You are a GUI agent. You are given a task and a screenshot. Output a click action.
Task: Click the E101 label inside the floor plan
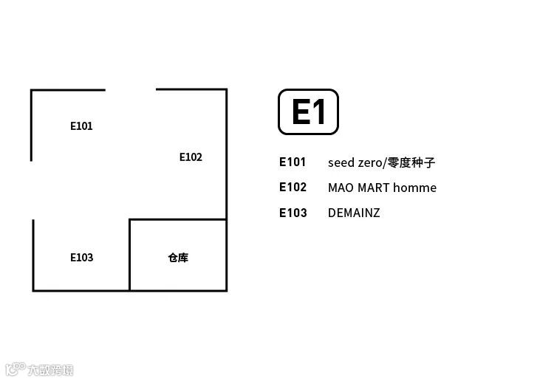81,126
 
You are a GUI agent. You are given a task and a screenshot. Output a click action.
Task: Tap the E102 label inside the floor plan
191,157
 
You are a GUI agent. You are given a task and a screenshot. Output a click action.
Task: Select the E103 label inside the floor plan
81,258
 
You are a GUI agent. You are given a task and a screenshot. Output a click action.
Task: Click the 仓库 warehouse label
178,258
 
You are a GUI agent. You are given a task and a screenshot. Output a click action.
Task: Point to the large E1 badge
308,112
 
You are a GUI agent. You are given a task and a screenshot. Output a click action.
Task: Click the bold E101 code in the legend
293,162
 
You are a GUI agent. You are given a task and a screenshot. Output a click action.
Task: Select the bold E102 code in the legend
293,188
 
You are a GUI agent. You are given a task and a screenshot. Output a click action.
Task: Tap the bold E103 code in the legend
293,213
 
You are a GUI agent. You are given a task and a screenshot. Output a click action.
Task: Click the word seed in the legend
341,162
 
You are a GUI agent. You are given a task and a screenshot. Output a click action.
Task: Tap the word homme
414,188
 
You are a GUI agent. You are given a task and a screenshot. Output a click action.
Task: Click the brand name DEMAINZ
354,213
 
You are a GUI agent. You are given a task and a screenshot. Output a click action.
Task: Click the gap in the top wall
131,89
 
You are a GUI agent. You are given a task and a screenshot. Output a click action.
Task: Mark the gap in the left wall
32,190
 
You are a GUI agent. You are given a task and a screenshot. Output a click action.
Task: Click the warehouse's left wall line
129,255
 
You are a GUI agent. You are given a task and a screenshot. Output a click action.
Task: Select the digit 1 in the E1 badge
319,112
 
